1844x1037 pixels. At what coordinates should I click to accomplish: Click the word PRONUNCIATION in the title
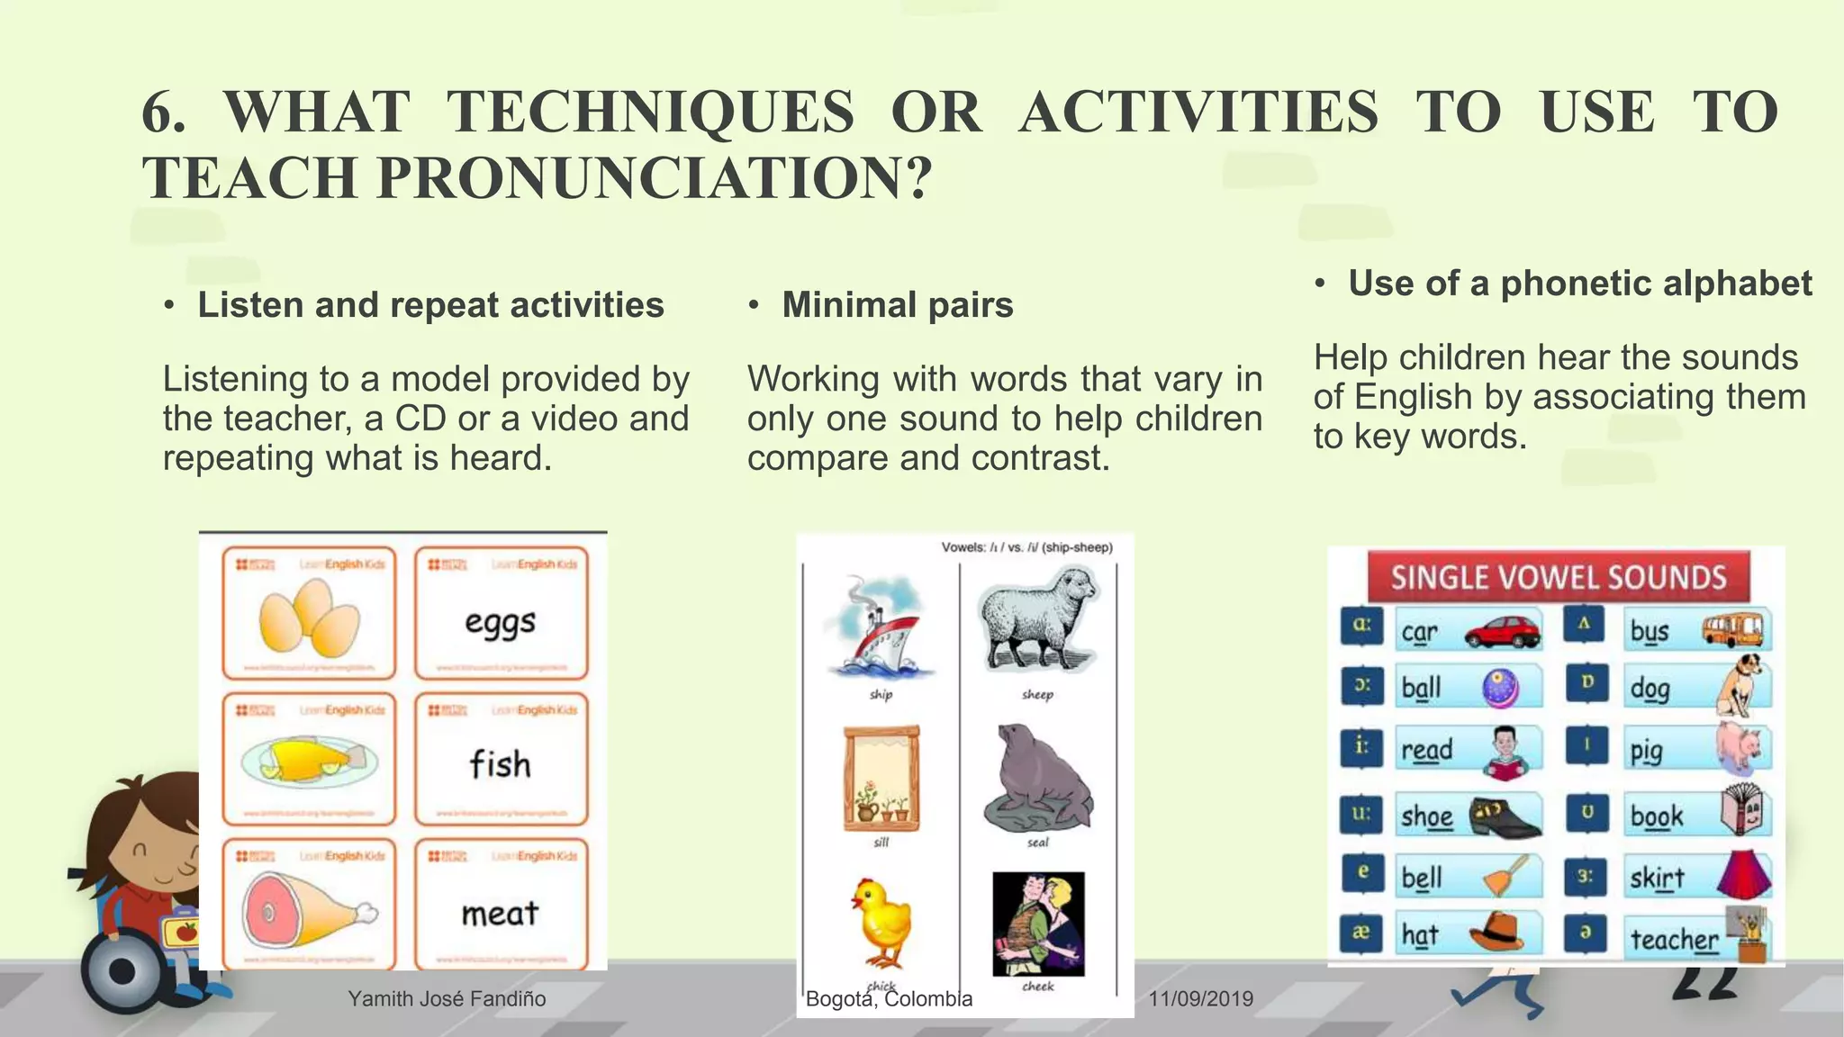point(654,177)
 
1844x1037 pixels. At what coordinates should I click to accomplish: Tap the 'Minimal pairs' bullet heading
point(897,305)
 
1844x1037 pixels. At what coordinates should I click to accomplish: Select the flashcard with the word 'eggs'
point(501,613)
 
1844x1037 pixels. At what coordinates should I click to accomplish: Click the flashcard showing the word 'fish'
point(501,759)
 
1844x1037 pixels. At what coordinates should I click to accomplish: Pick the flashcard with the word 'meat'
point(501,905)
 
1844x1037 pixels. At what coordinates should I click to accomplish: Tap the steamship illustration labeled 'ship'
point(881,627)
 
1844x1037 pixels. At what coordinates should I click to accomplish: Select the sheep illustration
point(1038,622)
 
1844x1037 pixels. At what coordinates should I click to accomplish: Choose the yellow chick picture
point(881,923)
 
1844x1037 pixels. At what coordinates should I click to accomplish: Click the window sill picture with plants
point(881,778)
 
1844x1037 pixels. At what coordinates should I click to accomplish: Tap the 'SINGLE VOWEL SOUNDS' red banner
point(1558,577)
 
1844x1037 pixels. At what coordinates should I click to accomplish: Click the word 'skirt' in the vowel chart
point(1657,877)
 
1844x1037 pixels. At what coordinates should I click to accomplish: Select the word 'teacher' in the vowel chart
point(1674,939)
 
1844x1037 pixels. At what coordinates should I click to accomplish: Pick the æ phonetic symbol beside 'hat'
point(1360,933)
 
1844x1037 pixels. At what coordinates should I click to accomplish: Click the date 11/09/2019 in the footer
point(1201,998)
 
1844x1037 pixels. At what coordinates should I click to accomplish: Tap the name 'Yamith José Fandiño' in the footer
point(447,998)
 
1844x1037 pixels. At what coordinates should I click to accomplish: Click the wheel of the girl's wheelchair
point(122,971)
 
